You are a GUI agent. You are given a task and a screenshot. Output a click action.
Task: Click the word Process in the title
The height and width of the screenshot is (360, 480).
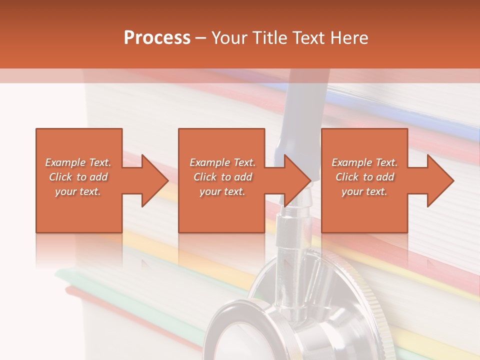(157, 38)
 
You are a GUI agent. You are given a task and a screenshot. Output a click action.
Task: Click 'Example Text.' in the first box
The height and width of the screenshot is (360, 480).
(78, 162)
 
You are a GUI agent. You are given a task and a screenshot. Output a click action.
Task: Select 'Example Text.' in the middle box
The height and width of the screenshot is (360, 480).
(222, 162)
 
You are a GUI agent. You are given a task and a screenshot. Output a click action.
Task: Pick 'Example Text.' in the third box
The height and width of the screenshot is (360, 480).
(364, 162)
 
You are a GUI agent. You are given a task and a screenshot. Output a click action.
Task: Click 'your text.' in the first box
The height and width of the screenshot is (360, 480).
(78, 191)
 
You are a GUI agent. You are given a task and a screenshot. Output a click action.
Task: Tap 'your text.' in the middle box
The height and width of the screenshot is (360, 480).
(222, 191)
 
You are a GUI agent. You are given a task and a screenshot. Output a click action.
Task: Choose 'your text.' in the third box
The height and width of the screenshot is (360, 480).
(364, 191)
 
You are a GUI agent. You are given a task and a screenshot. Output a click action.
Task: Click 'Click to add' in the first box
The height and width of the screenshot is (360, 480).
(78, 177)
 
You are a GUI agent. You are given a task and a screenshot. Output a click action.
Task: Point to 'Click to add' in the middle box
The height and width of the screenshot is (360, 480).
(222, 177)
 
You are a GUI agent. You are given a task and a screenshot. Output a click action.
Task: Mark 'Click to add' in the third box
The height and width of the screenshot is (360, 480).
(364, 177)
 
